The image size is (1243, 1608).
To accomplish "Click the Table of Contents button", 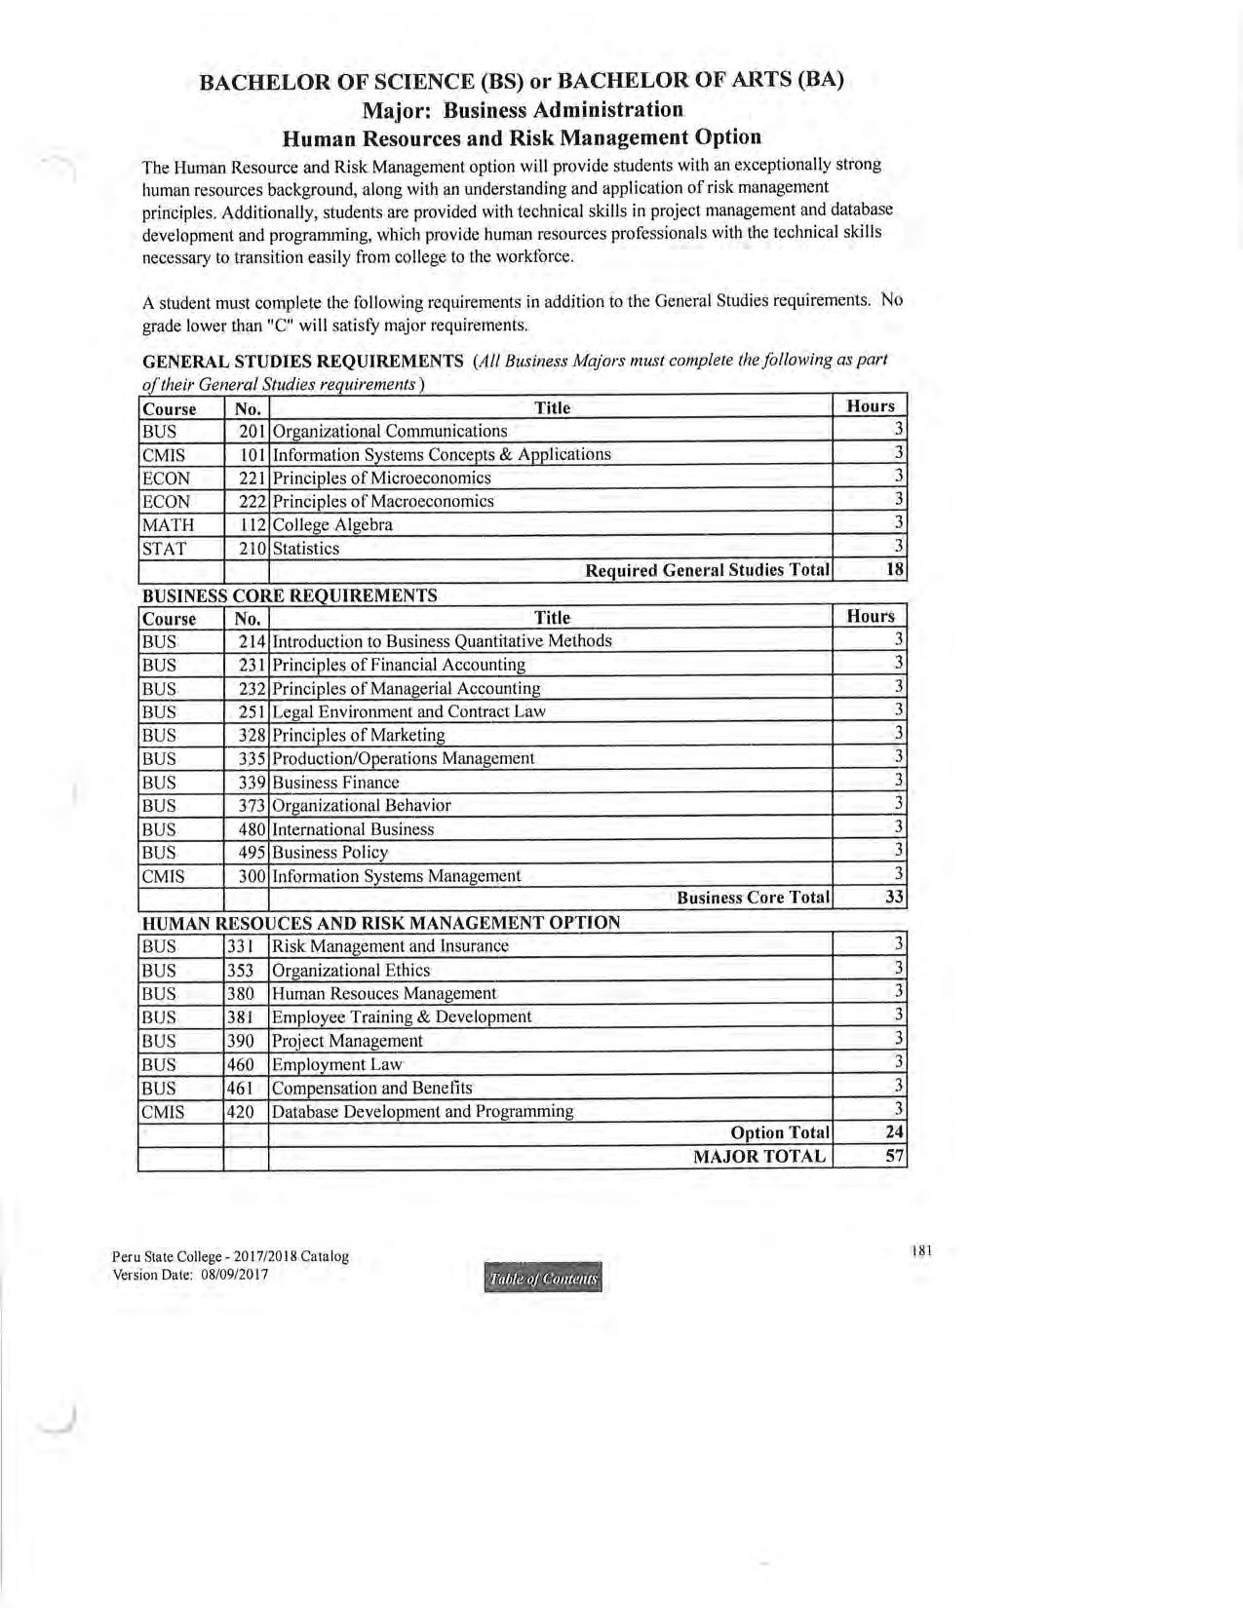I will click(542, 1278).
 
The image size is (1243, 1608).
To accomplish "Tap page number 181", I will click(921, 1250).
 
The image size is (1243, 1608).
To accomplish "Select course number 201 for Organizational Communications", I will click(252, 431).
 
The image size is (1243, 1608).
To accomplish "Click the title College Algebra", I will click(332, 525).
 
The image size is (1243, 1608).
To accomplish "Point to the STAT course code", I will click(164, 549).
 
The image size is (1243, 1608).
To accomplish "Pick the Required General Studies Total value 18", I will click(895, 569).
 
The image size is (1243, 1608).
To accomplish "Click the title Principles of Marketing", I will click(359, 735).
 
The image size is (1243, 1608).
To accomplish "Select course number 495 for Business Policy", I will click(252, 852).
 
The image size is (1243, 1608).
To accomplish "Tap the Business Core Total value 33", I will click(894, 897).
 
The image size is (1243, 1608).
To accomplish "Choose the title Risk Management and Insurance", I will click(390, 945).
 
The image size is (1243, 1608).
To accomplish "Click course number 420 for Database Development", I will click(240, 1111).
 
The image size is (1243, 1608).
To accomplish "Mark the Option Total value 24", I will click(894, 1131).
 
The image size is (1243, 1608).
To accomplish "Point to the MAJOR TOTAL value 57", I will click(894, 1156).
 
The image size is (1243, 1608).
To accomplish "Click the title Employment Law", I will click(336, 1064).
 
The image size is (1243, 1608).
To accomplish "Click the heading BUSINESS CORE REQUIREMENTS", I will click(290, 595).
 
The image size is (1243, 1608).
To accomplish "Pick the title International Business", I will click(353, 829).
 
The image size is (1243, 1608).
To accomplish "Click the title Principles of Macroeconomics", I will click(383, 502).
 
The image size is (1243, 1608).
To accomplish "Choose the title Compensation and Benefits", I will click(371, 1088).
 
